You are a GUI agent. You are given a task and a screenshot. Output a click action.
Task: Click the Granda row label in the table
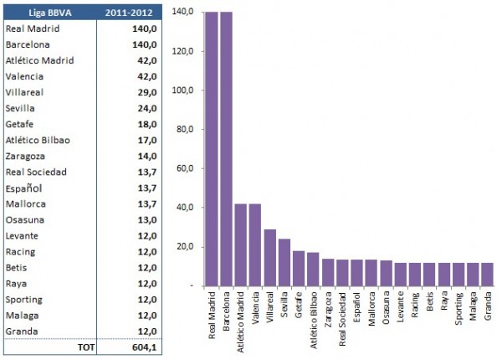(21, 331)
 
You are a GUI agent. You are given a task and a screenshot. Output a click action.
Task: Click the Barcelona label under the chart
(225, 314)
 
